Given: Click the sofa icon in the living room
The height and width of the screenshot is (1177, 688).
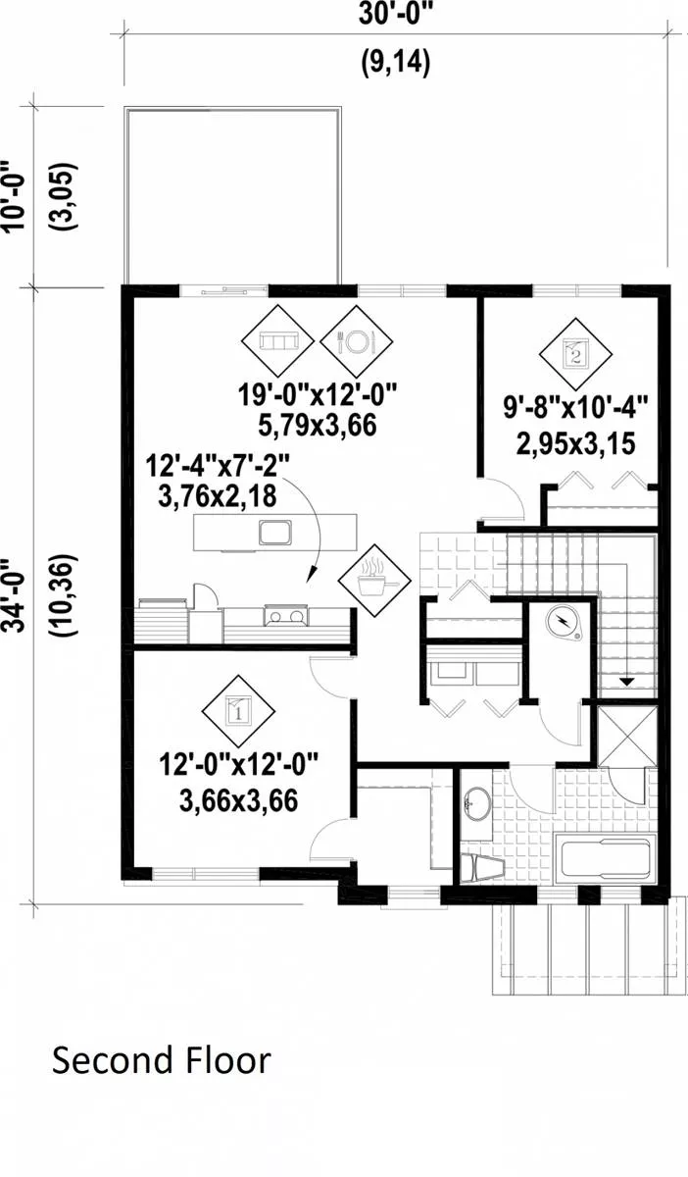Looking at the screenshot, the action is [x=277, y=341].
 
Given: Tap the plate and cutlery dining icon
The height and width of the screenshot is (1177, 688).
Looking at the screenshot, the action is [x=357, y=341].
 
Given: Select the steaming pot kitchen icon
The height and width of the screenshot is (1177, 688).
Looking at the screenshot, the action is [x=374, y=581].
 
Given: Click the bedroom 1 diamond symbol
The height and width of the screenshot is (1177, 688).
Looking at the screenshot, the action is [x=239, y=711].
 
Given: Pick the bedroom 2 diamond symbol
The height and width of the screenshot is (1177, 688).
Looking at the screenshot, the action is [x=575, y=354].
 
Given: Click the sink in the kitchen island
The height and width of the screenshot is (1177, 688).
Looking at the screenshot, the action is [x=275, y=532].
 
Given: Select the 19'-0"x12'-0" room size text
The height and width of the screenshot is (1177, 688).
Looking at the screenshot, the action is [x=318, y=394].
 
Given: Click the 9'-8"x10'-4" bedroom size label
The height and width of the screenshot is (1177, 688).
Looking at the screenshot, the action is [x=576, y=407].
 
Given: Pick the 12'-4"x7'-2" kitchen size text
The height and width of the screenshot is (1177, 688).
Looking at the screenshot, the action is [x=218, y=466].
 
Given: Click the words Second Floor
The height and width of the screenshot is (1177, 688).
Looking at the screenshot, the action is [x=162, y=1059].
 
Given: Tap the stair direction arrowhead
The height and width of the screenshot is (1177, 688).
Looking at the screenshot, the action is [x=626, y=682].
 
